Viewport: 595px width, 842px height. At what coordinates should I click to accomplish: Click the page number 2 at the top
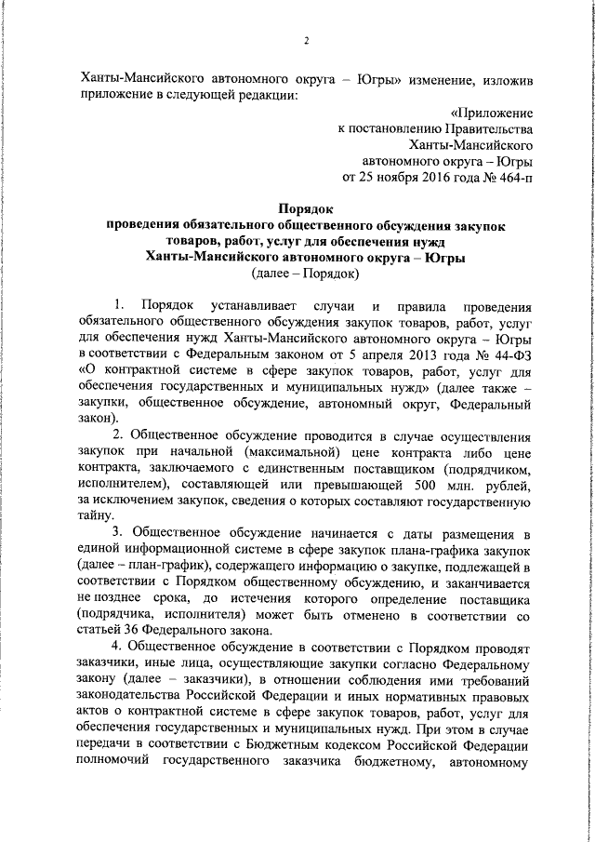tap(305, 41)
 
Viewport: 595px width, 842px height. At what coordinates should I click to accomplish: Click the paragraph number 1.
tap(117, 305)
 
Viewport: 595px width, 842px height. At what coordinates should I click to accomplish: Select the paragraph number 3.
tap(117, 533)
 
